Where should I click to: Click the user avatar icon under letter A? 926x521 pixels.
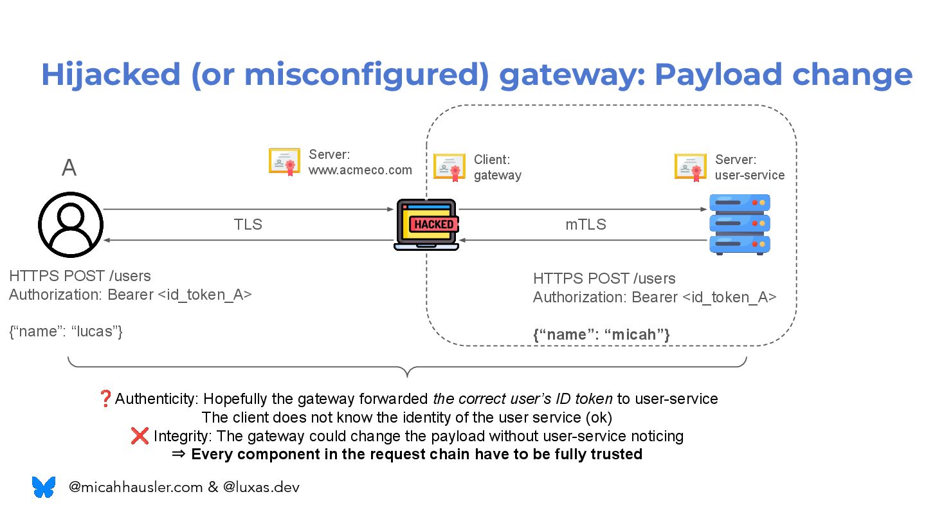[70, 224]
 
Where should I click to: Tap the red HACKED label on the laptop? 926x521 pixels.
[434, 224]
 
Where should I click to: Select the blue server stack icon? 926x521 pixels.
[740, 224]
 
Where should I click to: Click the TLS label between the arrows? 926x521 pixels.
[248, 224]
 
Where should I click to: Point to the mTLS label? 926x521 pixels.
[585, 224]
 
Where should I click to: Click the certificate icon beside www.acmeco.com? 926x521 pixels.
[284, 161]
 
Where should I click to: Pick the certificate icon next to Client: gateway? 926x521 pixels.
[449, 167]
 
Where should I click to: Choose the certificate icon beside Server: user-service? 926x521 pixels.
[691, 167]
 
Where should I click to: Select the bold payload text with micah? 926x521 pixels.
[602, 334]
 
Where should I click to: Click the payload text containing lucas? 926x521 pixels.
[66, 332]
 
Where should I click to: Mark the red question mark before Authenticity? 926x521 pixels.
[105, 399]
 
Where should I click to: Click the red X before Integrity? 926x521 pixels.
[140, 436]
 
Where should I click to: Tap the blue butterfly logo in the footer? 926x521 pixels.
[44, 487]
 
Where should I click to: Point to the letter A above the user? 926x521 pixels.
[69, 168]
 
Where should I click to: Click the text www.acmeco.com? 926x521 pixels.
[360, 170]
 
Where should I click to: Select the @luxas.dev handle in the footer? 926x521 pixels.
[261, 488]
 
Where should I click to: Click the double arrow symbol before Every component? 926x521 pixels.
[178, 455]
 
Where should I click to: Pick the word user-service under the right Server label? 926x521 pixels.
[750, 175]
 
